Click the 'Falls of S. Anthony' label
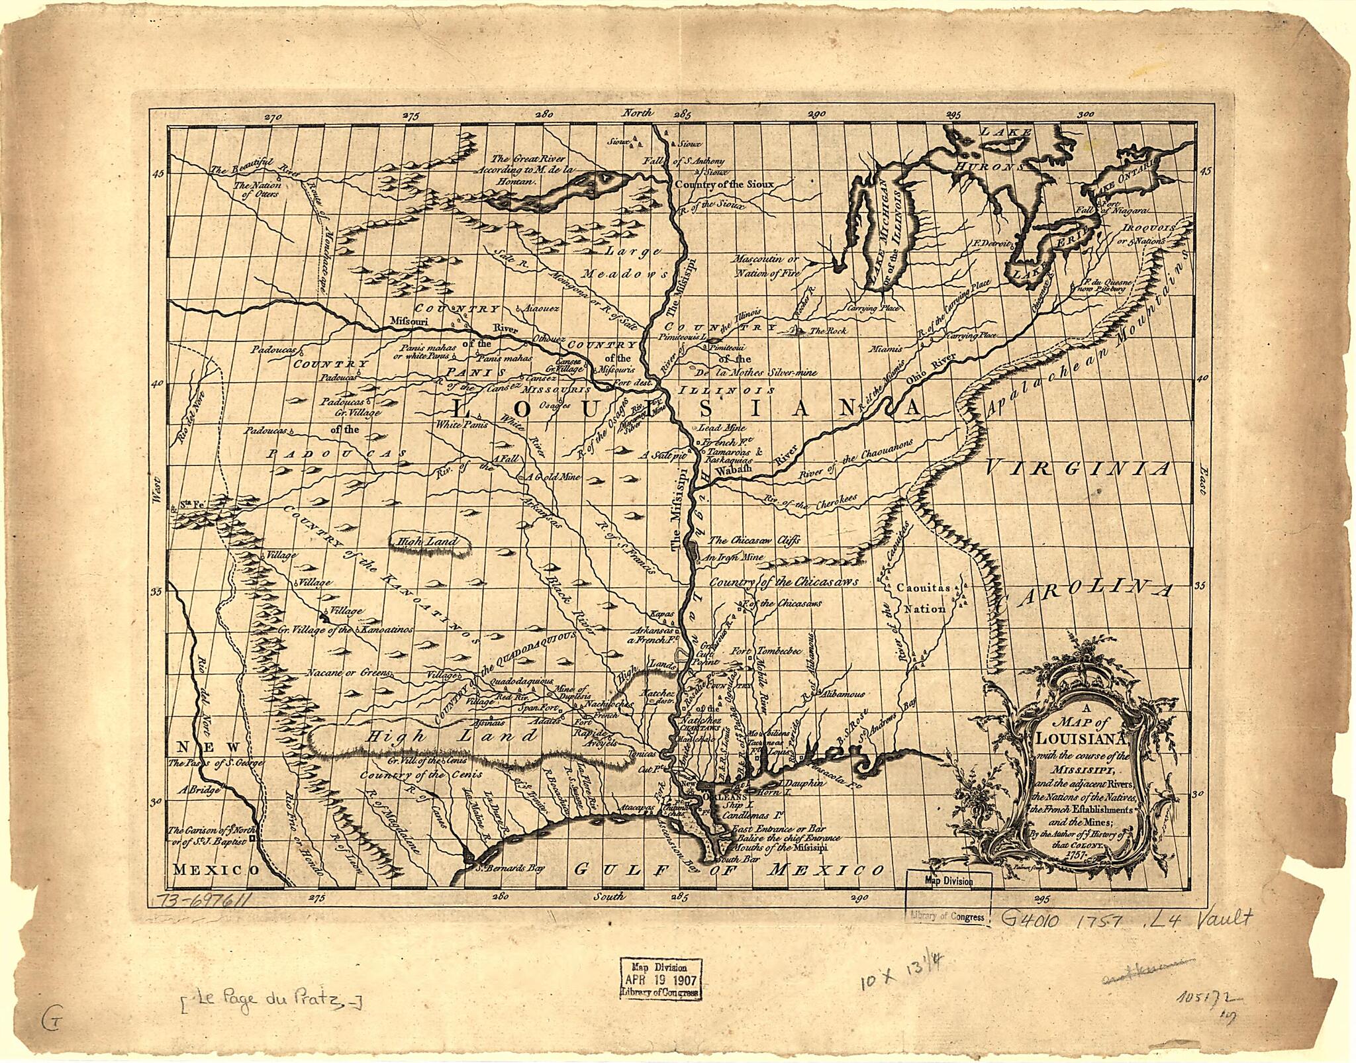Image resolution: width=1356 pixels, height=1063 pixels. (x=685, y=162)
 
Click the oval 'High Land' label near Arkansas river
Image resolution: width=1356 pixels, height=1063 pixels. (x=424, y=542)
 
